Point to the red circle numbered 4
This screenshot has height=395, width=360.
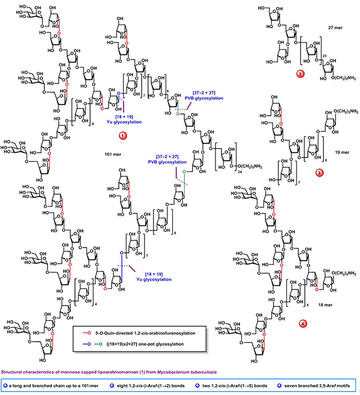(304, 324)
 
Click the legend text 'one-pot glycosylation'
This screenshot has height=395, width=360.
(175, 343)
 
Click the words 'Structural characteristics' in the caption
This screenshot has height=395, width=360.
(30, 372)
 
